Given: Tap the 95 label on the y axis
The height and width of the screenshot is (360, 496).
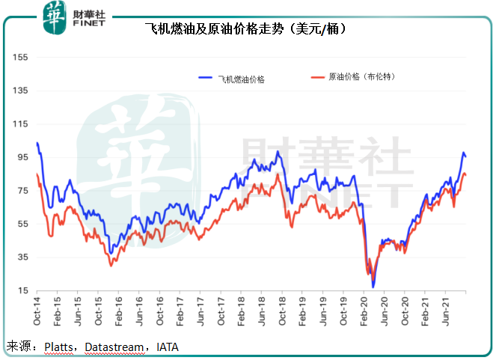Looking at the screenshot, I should coord(22,157).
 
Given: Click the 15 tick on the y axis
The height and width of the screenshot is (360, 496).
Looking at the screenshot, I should coord(22,290).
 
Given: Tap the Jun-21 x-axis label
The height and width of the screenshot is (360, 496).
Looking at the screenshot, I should coord(447,312).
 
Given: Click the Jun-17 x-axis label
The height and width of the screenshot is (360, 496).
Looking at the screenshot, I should coord(200,312).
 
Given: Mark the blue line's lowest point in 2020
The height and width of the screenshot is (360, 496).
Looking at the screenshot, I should coord(373,287).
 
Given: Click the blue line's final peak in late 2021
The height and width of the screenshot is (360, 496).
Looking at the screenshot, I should coord(463,153).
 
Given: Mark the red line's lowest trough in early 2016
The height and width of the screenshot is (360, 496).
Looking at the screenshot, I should coord(111,265).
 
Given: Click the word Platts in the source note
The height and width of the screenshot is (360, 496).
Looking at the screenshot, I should coord(57,347).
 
